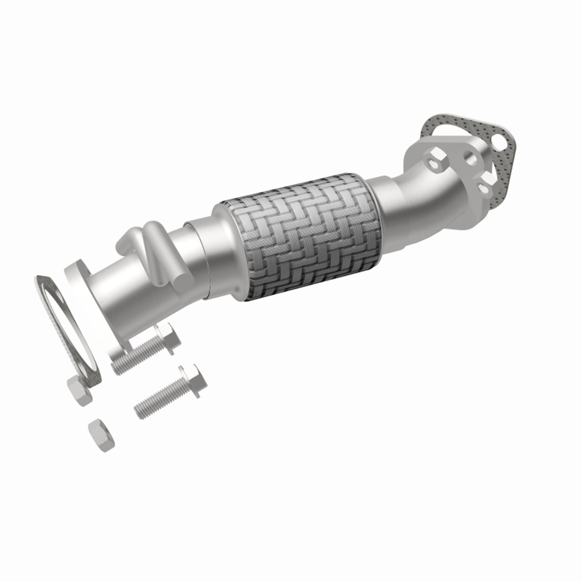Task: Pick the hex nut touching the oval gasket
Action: click(x=79, y=390)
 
